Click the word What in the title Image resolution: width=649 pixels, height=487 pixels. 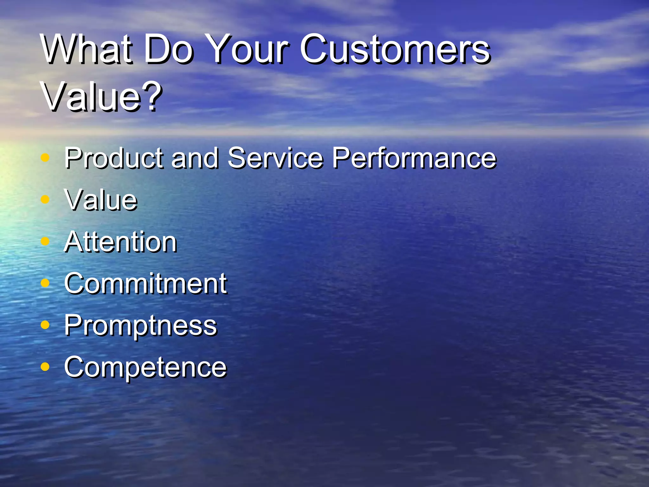coord(86,49)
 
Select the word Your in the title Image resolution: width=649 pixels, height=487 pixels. coord(249,49)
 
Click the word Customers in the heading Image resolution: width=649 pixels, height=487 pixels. coord(395,49)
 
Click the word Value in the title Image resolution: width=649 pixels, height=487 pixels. coord(92,97)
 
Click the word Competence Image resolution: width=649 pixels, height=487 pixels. coord(145,367)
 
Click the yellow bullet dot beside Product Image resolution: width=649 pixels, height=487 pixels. coord(45,158)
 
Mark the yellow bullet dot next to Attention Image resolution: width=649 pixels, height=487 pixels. coord(45,242)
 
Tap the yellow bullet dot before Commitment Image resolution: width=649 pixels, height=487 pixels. coord(45,283)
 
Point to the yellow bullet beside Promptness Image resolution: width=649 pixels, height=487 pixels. coord(45,325)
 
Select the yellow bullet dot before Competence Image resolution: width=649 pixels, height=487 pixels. coord(45,367)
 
